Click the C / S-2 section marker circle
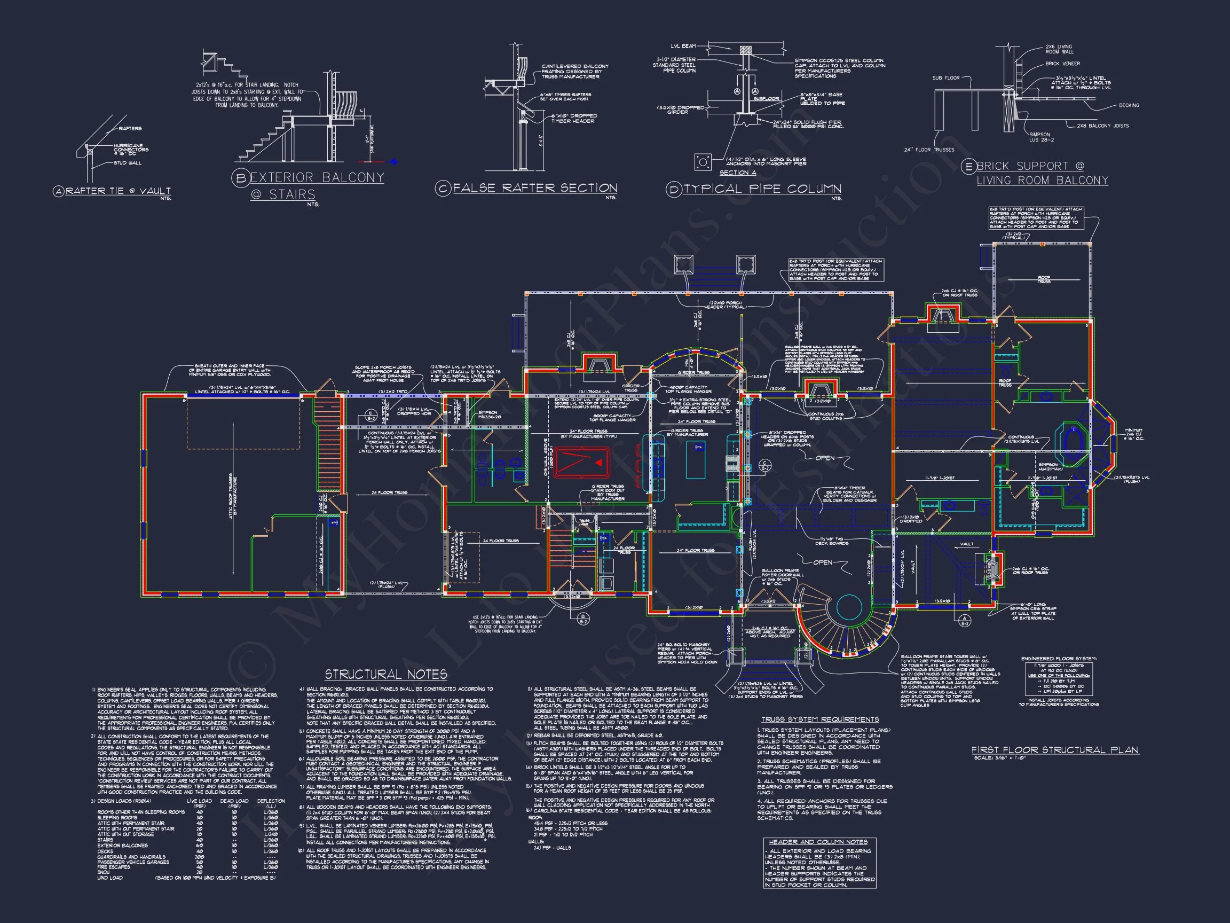point(765,465)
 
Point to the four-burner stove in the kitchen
point(732,463)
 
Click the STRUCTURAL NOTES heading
point(386,674)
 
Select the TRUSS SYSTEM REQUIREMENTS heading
point(820,719)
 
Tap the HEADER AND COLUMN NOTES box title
point(819,842)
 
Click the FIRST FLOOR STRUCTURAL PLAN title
point(1055,750)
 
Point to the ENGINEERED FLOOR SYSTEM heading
point(1059,659)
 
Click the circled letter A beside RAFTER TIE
point(58,191)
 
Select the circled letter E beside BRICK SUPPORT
point(968,166)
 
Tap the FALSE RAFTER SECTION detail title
point(534,188)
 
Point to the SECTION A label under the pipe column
point(737,173)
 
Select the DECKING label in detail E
point(1129,105)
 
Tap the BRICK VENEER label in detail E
point(1062,64)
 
